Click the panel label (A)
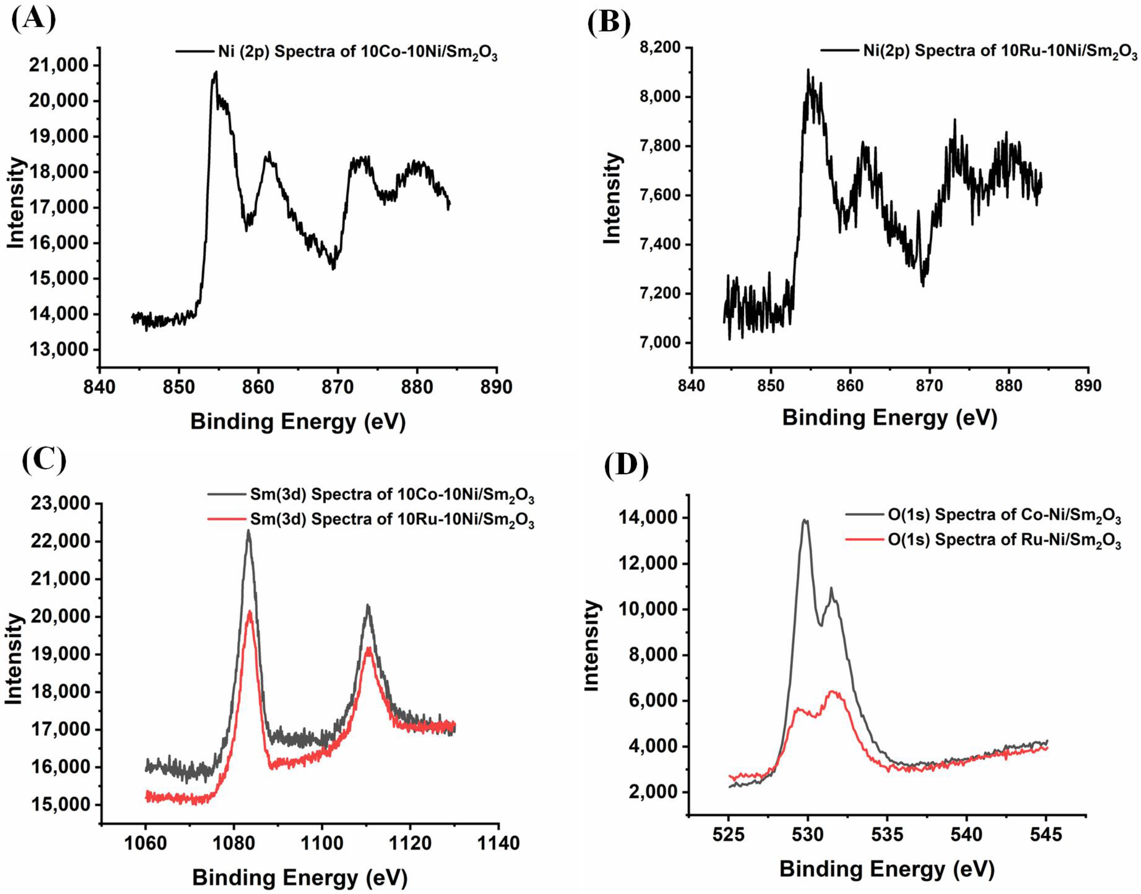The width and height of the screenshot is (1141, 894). click(x=32, y=20)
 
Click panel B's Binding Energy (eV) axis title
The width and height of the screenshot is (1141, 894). click(x=889, y=418)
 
